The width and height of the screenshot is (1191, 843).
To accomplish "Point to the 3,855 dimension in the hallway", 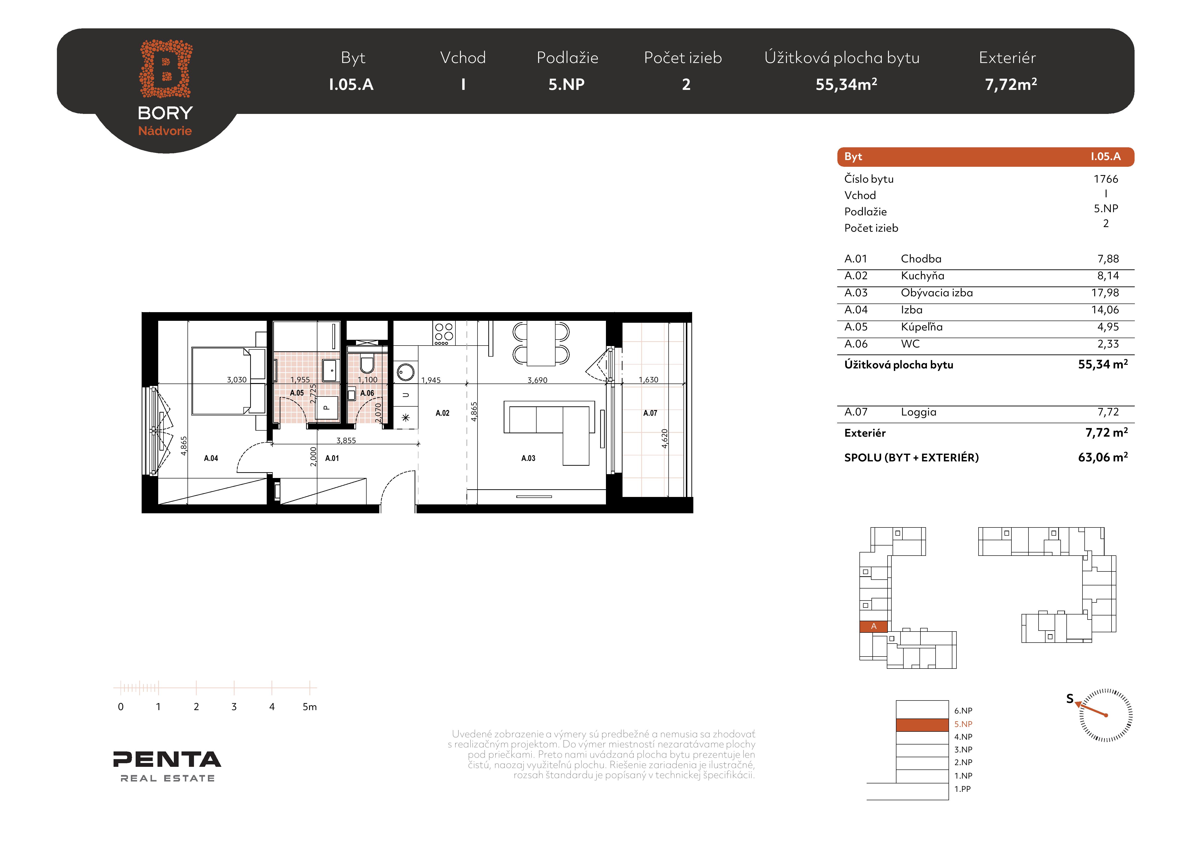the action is coord(346,440).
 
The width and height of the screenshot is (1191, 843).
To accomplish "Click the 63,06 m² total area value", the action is coord(1103,457).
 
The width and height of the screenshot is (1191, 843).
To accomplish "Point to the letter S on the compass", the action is coord(1070,699).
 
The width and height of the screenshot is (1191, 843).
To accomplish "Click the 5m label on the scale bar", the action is coord(310,707).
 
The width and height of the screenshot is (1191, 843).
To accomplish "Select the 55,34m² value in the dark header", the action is coord(846,84).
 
